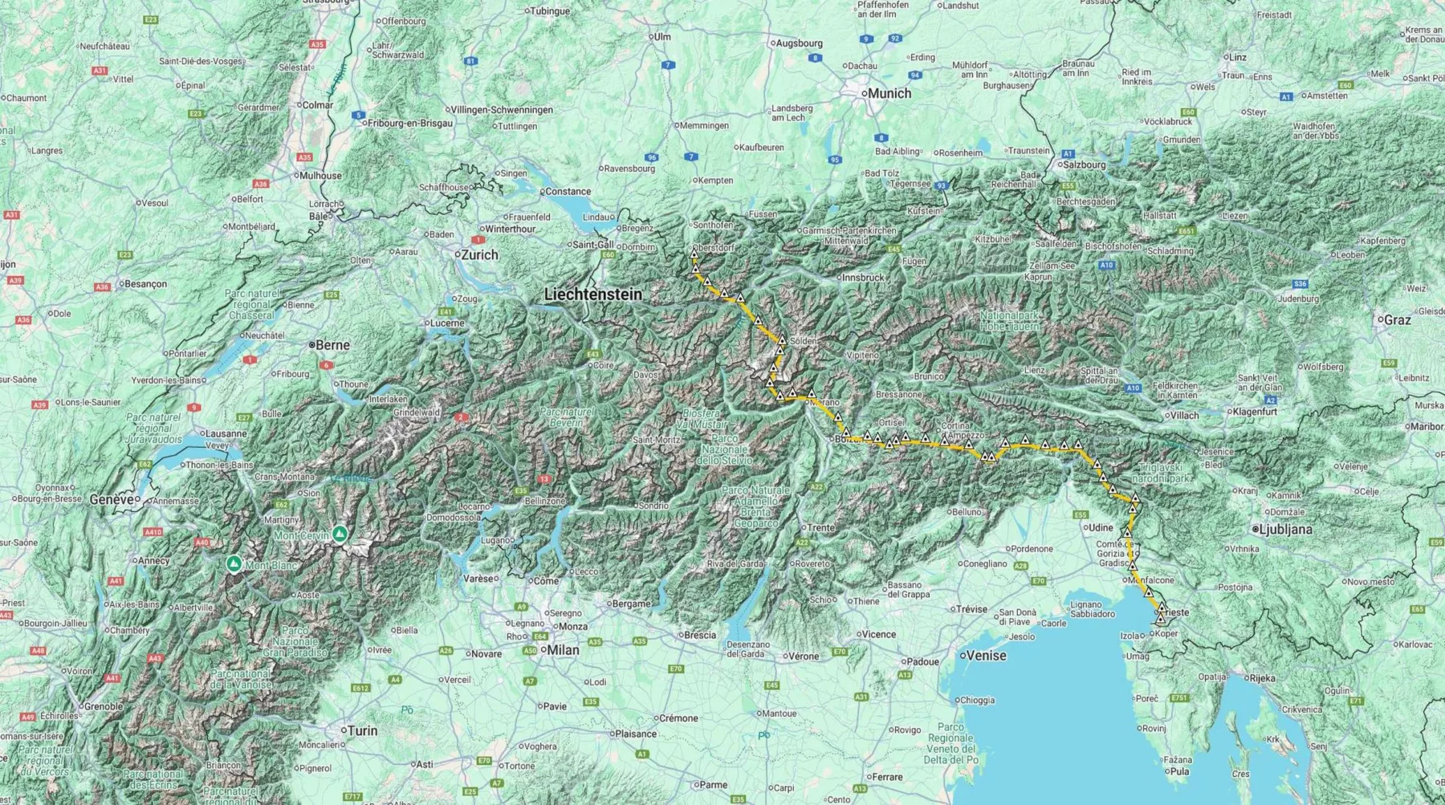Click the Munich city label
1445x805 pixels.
889,93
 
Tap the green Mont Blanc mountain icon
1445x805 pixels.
234,563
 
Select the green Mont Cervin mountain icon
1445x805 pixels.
340,533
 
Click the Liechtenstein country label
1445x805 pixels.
593,295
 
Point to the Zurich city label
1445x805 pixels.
479,254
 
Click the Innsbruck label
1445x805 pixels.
863,277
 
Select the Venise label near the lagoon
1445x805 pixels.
986,655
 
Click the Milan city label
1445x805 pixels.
563,650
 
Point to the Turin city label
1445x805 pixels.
361,730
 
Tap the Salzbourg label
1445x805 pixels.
1084,165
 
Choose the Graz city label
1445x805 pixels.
1397,319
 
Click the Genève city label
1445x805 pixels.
112,499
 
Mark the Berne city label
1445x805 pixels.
332,345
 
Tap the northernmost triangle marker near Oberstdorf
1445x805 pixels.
694,254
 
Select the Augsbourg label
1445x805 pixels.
799,43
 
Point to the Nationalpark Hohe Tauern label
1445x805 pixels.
1009,321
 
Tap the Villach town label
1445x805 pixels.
1184,416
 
